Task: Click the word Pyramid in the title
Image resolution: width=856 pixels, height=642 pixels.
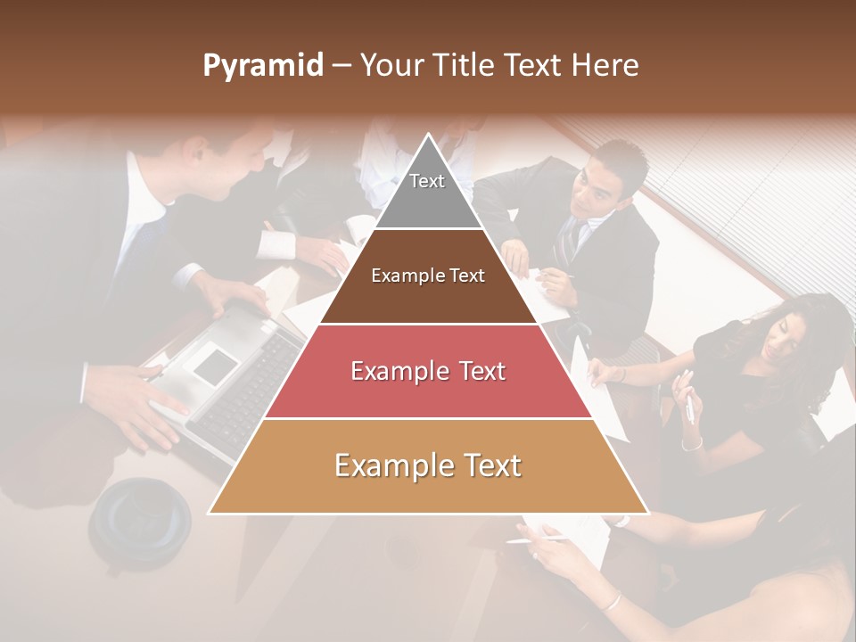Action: (x=262, y=66)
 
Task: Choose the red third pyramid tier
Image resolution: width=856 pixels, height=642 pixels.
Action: (x=428, y=372)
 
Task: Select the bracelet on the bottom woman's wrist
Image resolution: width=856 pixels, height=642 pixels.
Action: (x=611, y=603)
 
